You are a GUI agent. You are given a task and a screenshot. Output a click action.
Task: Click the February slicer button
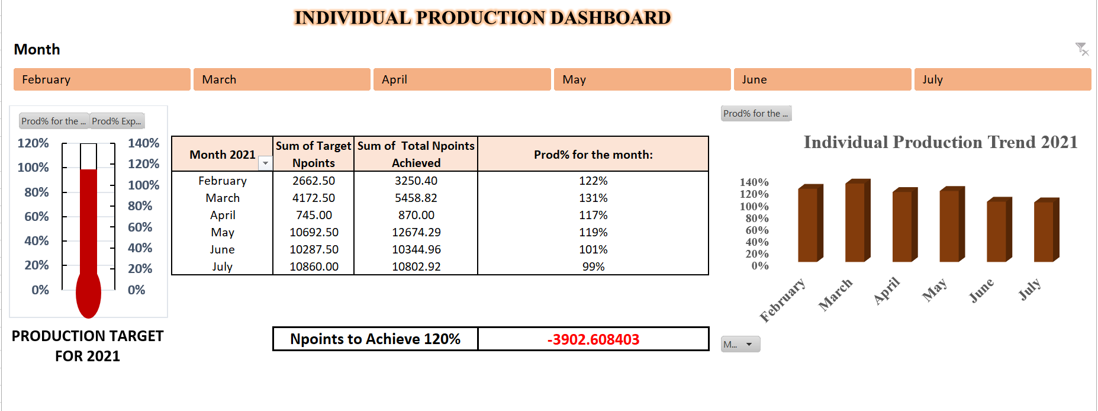[x=102, y=79]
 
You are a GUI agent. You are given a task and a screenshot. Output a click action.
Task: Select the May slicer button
[x=642, y=79]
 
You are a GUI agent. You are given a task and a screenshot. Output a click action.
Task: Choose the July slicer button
[x=1002, y=79]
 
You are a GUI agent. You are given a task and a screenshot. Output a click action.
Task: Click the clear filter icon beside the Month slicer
[x=1081, y=49]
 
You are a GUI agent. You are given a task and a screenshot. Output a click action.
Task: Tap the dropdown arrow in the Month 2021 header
[x=266, y=163]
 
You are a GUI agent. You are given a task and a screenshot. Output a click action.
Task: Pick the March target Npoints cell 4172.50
[x=313, y=198]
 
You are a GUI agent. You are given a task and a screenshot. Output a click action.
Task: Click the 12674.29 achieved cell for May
[x=416, y=232]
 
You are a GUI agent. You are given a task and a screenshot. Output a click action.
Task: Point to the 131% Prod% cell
[x=593, y=198]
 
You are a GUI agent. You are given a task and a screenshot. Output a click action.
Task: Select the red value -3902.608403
[x=593, y=339]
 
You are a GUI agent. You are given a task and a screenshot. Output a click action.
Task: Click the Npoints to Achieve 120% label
[x=375, y=339]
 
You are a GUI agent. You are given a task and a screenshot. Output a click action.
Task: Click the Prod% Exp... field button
[x=117, y=121]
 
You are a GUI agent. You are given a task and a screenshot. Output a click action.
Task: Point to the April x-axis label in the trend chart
[x=887, y=290]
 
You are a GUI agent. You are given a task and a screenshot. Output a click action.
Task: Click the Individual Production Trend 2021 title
[x=940, y=142]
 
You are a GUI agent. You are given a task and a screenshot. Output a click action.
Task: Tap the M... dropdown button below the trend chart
[x=740, y=344]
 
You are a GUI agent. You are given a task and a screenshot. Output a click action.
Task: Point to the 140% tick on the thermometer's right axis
[x=143, y=143]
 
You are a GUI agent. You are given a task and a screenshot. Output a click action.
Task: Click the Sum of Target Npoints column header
[x=313, y=154]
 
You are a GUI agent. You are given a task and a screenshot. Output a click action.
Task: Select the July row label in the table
[x=222, y=266]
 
